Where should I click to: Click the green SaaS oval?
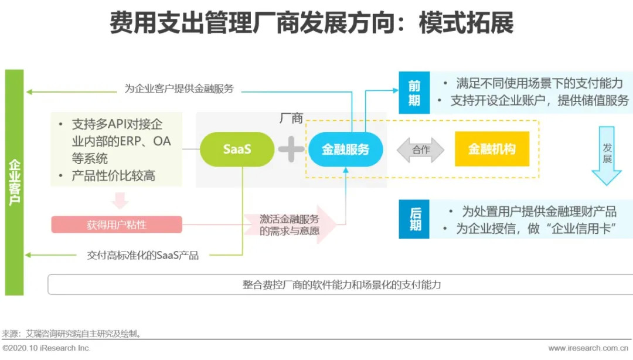237,149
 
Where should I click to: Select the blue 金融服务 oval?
346,149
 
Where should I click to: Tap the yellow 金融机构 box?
492,149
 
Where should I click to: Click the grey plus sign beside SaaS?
291,149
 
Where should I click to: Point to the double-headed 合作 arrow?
421,150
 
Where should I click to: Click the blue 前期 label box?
414,93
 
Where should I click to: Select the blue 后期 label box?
414,219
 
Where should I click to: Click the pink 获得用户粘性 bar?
117,225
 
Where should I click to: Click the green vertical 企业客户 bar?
14,182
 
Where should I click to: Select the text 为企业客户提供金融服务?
179,89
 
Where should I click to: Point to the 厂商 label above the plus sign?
291,118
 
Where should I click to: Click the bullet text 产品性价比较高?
113,176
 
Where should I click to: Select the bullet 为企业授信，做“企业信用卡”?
536,229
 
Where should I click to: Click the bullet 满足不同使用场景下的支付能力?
537,84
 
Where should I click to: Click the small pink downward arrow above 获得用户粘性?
120,201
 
